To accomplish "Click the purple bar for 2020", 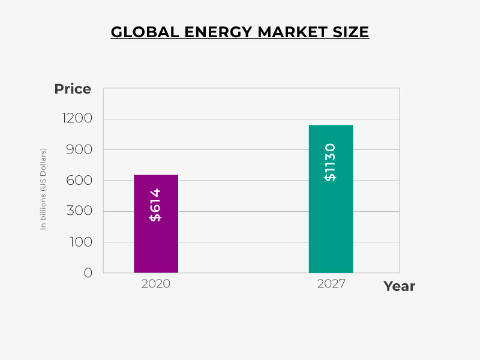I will (x=156, y=240).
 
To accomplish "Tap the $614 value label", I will (x=155, y=205).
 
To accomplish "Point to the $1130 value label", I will (x=330, y=162).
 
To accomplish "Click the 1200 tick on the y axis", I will (x=77, y=119).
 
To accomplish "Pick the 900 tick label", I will (x=80, y=149).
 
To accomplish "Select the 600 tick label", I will (x=80, y=181).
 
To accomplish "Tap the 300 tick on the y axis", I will (x=80, y=211).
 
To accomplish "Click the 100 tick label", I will (x=80, y=242).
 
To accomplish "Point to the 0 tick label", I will (x=88, y=272).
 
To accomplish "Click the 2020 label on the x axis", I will (x=156, y=284).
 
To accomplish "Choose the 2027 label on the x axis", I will (x=331, y=284).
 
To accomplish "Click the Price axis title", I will (x=73, y=89).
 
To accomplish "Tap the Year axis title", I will (x=399, y=286).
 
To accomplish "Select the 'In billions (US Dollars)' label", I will (x=43, y=188).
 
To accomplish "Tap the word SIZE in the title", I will (x=349, y=32).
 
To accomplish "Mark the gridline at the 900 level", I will (x=252, y=149).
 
